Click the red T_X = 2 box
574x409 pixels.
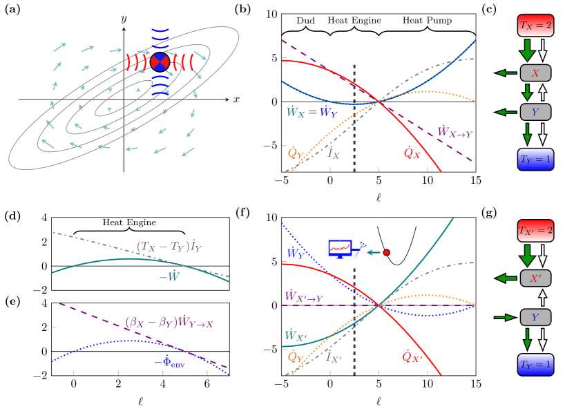point(535,26)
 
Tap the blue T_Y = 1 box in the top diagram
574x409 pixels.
point(535,159)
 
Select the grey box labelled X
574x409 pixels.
point(535,73)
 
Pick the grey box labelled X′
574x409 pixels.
point(535,278)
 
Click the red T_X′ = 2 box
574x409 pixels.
point(535,231)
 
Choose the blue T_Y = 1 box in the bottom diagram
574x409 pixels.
point(535,364)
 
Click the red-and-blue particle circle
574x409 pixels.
point(160,61)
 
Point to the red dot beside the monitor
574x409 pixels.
point(386,253)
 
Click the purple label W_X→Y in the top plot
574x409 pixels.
point(455,132)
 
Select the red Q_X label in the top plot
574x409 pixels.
point(412,153)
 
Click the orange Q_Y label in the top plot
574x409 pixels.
point(296,152)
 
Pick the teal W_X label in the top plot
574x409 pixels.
point(295,111)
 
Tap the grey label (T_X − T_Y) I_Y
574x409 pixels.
point(169,246)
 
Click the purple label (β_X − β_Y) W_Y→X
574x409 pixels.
point(169,322)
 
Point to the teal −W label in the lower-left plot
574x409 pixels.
point(169,276)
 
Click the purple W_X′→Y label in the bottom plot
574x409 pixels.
point(303,296)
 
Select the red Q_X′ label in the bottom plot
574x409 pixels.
point(412,356)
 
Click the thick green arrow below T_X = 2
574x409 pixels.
point(527,50)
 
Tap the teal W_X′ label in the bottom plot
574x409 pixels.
point(295,336)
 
